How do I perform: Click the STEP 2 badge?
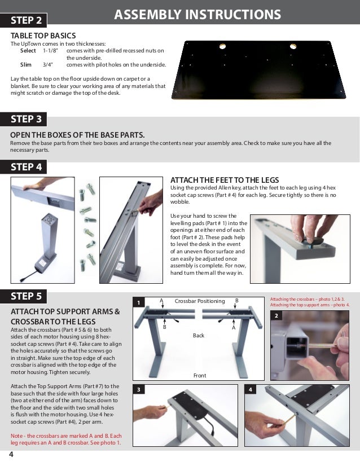[27, 21]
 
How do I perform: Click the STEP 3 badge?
[27, 119]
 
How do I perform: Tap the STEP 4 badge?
[27, 167]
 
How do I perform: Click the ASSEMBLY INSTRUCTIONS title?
[197, 14]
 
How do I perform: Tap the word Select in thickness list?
[28, 51]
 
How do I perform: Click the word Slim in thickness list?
[26, 65]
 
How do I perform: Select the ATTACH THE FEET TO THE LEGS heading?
[222, 179]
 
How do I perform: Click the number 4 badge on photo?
[250, 389]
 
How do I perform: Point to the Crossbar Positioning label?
[199, 301]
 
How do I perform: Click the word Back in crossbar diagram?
[198, 335]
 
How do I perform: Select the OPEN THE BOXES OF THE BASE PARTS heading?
[77, 135]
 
